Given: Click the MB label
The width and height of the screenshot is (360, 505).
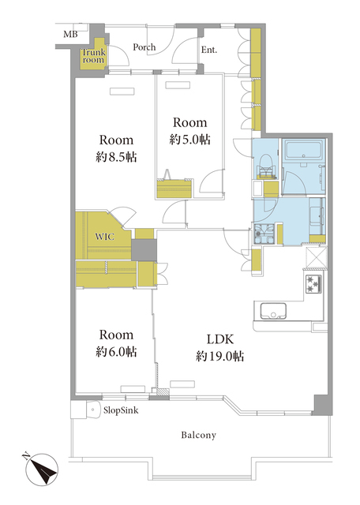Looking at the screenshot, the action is [70, 34].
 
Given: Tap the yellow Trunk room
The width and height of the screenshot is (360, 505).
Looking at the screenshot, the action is [93, 54].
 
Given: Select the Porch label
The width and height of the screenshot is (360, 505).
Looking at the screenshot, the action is [144, 47].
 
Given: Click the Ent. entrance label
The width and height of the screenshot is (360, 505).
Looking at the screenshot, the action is [209, 50].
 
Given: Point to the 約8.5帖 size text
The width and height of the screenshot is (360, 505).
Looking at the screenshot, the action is [116, 157].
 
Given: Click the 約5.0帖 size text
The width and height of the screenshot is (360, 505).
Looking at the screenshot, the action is [190, 139].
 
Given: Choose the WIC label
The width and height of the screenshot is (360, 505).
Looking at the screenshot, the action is [105, 237].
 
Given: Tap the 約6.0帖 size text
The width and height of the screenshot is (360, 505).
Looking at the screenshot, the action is [116, 352].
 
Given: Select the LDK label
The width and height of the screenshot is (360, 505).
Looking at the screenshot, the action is [220, 339].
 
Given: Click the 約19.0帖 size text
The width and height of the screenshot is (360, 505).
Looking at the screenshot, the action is [220, 356].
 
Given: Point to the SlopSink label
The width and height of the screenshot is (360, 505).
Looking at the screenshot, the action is [121, 410].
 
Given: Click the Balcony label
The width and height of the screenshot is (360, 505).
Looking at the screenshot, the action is [198, 435].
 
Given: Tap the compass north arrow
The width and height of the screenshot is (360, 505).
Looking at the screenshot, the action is [43, 469].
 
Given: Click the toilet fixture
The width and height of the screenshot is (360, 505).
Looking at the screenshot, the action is [266, 166].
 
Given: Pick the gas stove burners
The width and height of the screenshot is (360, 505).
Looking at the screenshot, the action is [313, 284].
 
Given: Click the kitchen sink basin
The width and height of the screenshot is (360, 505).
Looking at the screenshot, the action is [273, 312].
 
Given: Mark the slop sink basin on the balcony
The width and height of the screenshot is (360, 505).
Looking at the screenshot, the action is [94, 410].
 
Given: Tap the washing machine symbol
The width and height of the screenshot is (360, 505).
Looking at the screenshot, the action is [264, 234].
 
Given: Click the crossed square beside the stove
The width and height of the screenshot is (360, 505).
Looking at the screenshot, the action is [316, 257].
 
